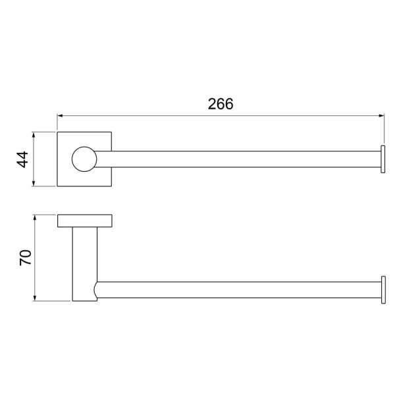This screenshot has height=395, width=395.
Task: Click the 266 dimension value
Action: [221, 104]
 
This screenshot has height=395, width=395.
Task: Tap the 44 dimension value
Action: [22, 159]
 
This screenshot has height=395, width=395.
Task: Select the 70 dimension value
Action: [26, 257]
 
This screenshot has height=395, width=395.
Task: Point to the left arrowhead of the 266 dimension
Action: [60, 116]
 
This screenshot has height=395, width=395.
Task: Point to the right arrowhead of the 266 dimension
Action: [381, 116]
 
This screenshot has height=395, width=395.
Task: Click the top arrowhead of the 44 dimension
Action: [34, 135]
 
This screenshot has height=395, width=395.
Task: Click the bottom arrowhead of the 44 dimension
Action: [34, 184]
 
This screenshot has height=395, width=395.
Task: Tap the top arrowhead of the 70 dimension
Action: [35, 218]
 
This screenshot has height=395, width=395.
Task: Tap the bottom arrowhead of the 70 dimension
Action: [35, 298]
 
